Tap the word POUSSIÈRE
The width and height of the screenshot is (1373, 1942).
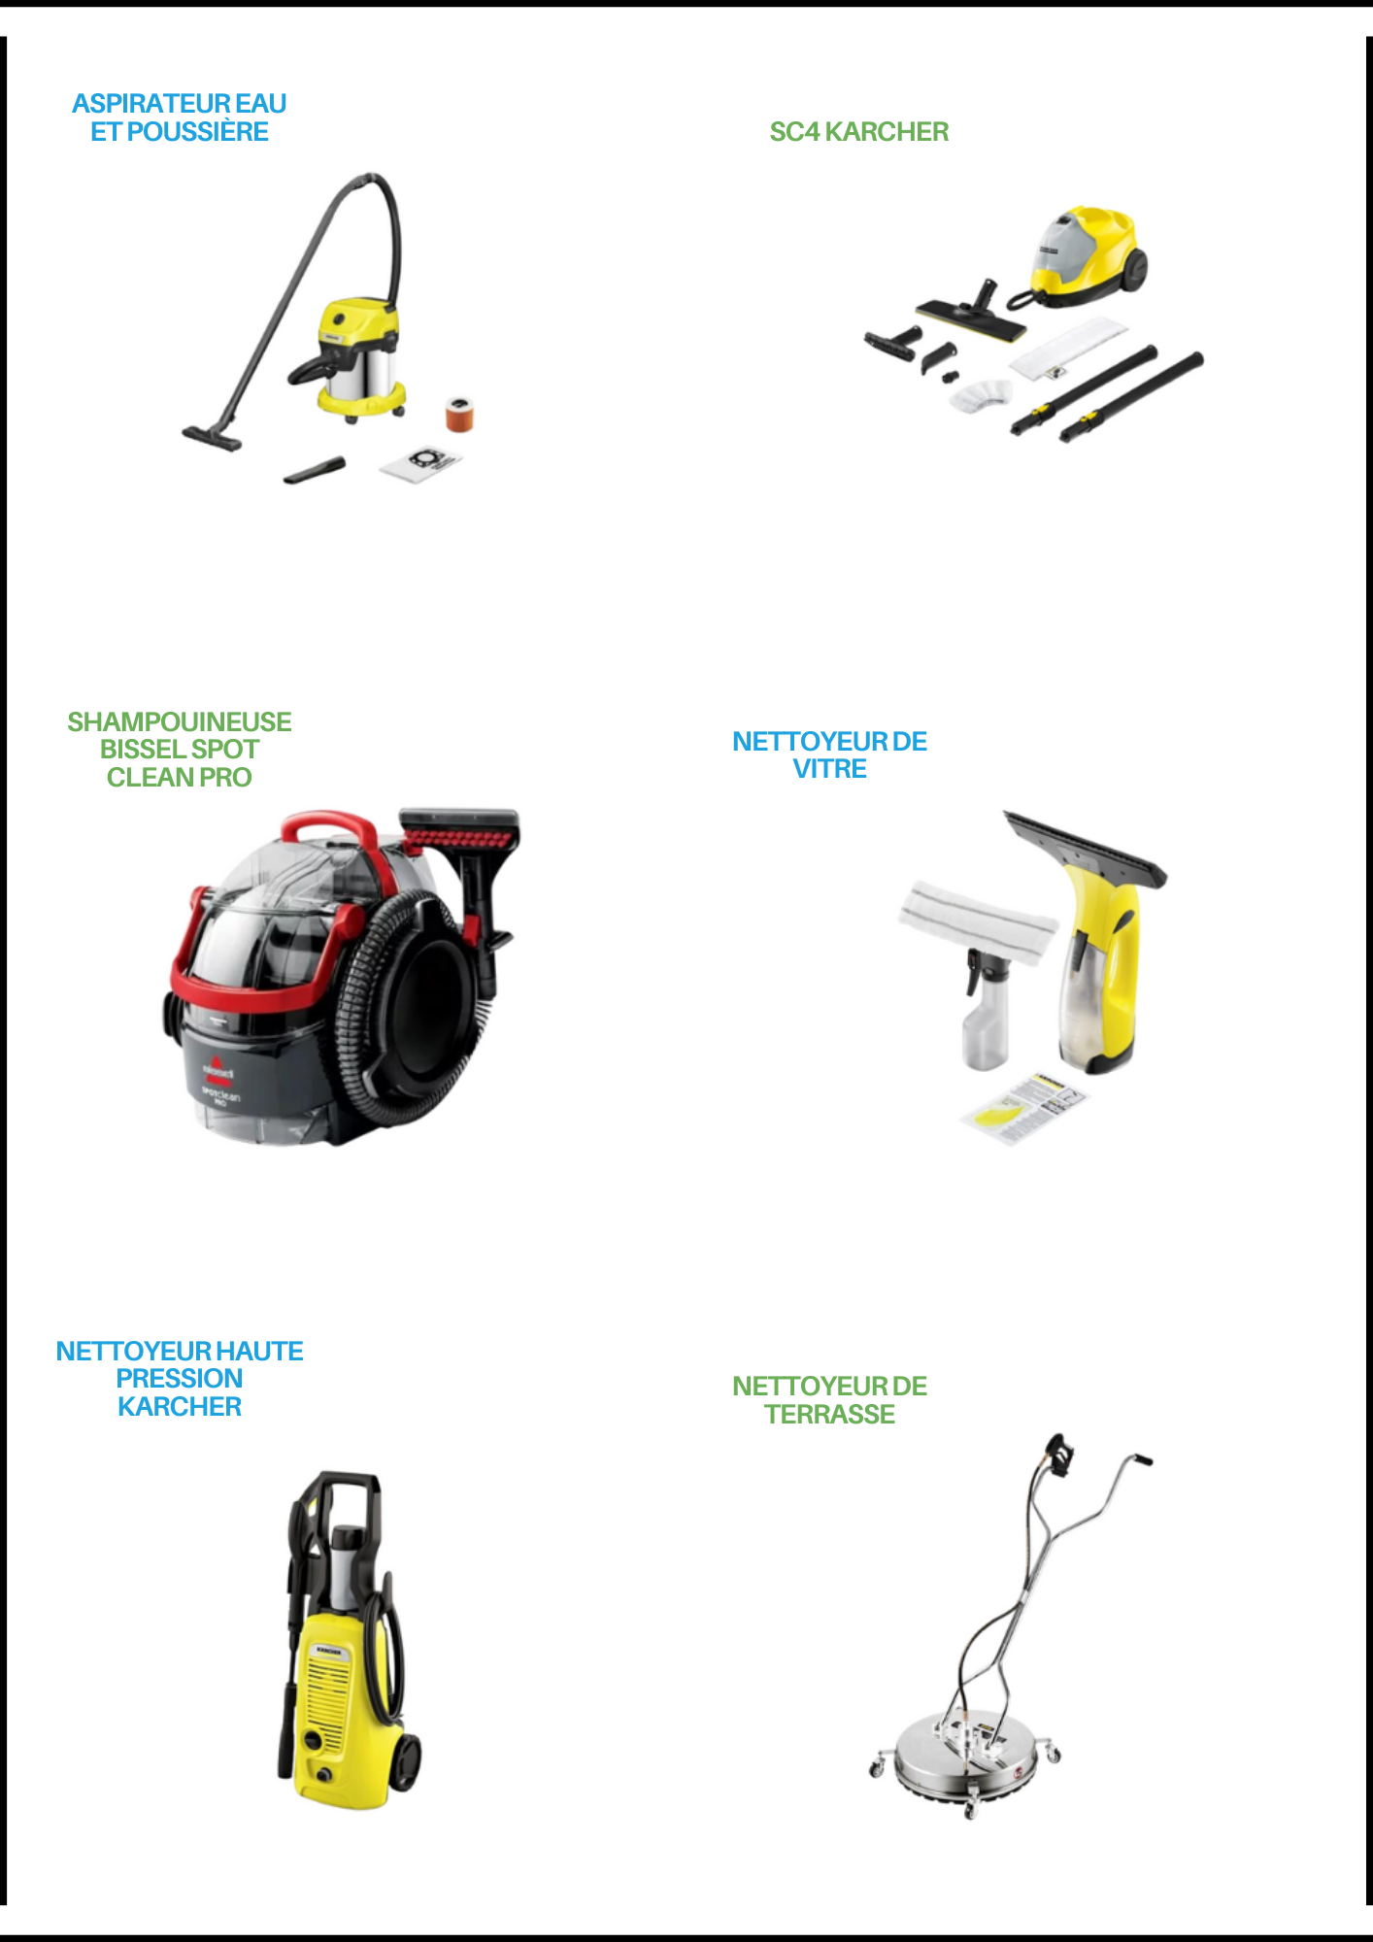pos(197,132)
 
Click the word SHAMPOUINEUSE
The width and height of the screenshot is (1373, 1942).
pos(180,722)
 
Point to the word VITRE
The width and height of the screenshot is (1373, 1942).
pos(830,769)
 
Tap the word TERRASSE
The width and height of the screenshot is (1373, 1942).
pos(830,1415)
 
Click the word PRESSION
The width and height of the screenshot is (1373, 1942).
pos(180,1379)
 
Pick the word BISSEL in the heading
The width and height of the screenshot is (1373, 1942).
pos(143,750)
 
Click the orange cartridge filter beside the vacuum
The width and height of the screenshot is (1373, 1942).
pos(460,414)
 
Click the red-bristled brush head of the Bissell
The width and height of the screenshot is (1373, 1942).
pos(460,829)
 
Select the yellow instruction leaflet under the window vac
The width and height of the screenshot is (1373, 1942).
pos(1025,1109)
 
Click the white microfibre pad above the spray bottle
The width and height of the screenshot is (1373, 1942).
pos(977,921)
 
